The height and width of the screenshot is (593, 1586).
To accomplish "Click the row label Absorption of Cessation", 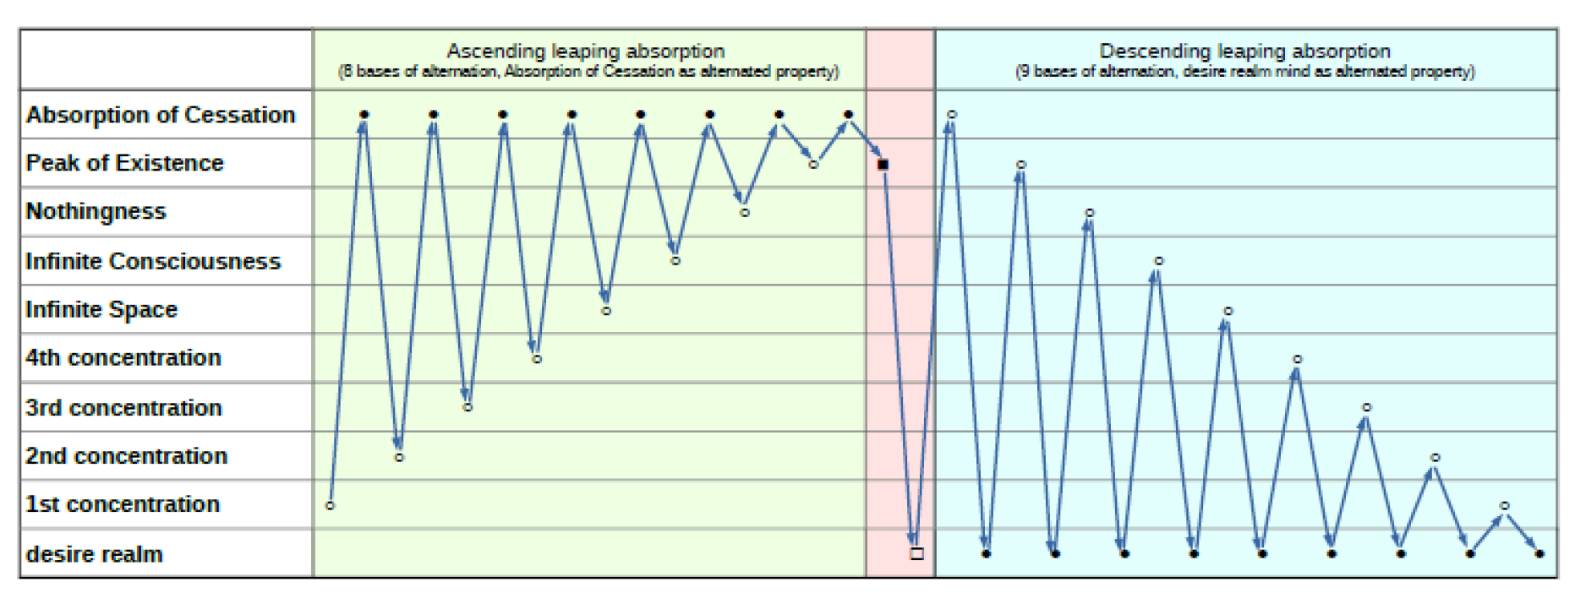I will click(x=161, y=115).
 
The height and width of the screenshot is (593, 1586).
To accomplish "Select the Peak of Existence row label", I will click(x=125, y=163).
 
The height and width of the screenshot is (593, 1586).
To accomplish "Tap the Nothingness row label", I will click(x=96, y=211).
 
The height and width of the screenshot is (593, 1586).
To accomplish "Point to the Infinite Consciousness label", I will click(x=153, y=261).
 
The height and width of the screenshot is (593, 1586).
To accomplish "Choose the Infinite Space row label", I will click(x=101, y=309).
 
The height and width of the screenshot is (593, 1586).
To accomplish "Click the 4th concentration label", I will click(x=123, y=358).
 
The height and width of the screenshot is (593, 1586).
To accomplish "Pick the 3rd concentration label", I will click(x=123, y=407).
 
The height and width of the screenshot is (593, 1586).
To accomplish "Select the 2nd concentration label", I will click(x=127, y=456).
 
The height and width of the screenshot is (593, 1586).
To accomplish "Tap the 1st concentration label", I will click(x=123, y=504).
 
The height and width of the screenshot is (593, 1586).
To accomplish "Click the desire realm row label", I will click(x=95, y=554).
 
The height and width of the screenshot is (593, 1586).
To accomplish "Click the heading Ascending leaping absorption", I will click(x=586, y=51).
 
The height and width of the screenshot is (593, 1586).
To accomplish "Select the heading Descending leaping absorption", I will click(x=1244, y=51).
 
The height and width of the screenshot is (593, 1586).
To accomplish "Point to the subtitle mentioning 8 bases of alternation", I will click(x=588, y=72).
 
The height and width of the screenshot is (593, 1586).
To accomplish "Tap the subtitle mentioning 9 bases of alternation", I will click(x=1244, y=72).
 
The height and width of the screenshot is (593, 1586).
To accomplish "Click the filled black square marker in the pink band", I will click(x=883, y=165).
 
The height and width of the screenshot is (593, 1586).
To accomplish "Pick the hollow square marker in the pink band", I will click(x=917, y=554).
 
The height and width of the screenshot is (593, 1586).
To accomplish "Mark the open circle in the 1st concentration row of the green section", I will click(x=331, y=506).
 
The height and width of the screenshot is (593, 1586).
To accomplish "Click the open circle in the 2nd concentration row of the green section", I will click(x=399, y=458).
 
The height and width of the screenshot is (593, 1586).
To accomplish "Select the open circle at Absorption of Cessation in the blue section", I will click(x=952, y=114).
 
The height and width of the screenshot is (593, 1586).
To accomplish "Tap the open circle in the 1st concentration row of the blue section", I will click(x=1505, y=506).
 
